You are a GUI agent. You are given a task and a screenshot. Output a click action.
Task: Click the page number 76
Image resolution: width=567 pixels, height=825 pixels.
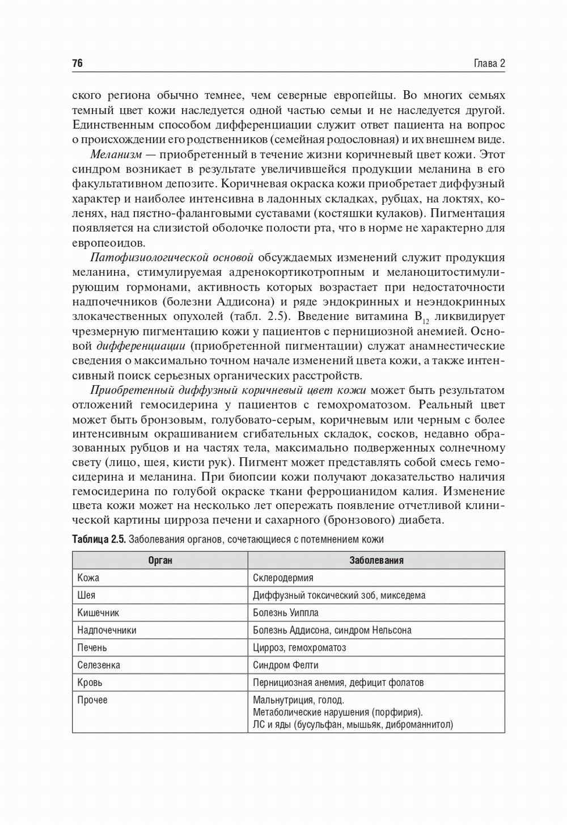point(78,63)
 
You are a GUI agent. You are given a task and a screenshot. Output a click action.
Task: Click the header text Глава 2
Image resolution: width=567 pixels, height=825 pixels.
point(489,63)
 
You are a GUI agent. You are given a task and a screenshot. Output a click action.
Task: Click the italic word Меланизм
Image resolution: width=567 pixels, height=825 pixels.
point(116,154)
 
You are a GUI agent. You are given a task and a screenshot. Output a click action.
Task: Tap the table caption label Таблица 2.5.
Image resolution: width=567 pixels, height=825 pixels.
point(99,539)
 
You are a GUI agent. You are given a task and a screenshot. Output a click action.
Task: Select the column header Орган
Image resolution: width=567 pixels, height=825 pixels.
point(160,560)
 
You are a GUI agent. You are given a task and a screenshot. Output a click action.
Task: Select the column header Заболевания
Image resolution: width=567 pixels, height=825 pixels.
point(376,560)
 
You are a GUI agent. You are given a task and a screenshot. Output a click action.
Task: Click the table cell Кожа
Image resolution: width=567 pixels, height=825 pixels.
point(88,578)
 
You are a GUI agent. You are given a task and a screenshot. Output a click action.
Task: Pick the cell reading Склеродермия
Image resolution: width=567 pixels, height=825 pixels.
point(283,578)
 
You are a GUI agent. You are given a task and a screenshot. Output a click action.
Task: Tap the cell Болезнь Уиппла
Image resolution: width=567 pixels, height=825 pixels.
point(286,613)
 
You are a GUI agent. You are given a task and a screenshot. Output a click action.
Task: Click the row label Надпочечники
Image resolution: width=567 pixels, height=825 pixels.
point(107,630)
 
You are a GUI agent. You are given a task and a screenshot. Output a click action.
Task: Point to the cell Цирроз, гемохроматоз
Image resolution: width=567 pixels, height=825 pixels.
point(299,648)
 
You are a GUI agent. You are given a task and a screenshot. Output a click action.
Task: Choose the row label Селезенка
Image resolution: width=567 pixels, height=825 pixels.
point(99,665)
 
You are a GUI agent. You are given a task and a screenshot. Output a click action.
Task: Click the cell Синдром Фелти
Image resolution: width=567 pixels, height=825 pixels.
point(286,665)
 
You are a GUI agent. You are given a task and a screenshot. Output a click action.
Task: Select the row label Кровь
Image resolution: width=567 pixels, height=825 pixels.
point(90,683)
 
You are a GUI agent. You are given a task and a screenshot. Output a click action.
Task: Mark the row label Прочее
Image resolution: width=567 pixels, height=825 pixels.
point(92,700)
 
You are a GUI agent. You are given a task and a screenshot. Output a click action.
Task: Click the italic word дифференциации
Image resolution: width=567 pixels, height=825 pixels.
point(141,346)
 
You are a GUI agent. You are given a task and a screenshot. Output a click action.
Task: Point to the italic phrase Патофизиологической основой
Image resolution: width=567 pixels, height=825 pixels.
point(172,258)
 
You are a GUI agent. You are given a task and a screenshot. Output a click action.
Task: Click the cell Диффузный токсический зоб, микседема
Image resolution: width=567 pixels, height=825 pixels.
point(339,595)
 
